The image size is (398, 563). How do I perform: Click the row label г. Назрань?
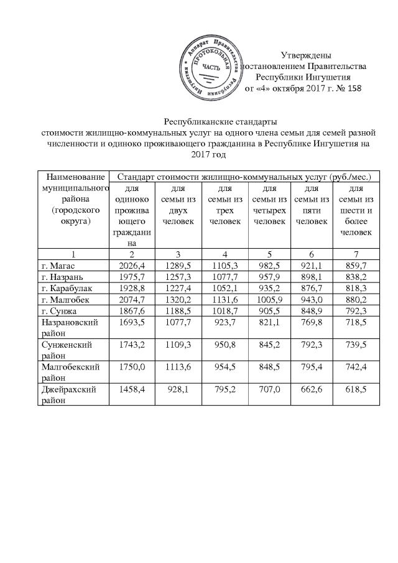pos(60,276)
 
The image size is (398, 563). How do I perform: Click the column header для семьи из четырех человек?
pos(269,205)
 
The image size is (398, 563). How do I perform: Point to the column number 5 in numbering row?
pos(269,254)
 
